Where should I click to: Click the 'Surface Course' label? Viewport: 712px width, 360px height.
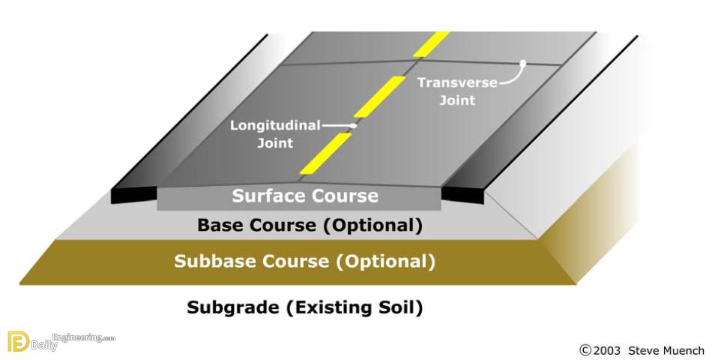pos(305,196)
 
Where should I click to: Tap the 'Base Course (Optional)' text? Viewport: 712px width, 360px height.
pos(310,226)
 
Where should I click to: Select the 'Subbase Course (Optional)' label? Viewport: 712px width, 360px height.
pos(305,261)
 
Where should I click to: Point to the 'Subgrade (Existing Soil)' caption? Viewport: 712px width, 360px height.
pos(305,307)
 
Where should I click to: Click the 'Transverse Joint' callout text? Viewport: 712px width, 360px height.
pos(457,91)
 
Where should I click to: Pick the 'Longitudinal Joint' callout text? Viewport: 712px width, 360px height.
pos(275,134)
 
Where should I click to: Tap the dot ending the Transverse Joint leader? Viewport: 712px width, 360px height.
pos(523,63)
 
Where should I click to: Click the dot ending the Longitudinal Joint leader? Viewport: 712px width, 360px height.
pos(355,126)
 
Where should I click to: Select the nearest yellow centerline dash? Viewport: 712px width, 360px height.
pos(325,154)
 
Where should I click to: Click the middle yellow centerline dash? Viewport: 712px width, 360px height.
pos(380,97)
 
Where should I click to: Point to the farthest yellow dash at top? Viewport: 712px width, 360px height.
pos(432,44)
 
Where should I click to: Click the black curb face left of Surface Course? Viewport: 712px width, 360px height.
pos(133,195)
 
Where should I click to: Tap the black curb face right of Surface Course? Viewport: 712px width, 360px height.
pos(462,195)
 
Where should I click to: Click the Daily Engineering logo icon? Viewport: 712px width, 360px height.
pos(18,342)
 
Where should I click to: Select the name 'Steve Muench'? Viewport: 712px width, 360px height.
pos(666,350)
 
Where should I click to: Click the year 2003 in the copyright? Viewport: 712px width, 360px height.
pos(606,350)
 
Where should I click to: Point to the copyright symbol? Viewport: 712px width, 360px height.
pos(585,350)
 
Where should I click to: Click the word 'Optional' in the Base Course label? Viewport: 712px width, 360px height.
pos(372,226)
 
